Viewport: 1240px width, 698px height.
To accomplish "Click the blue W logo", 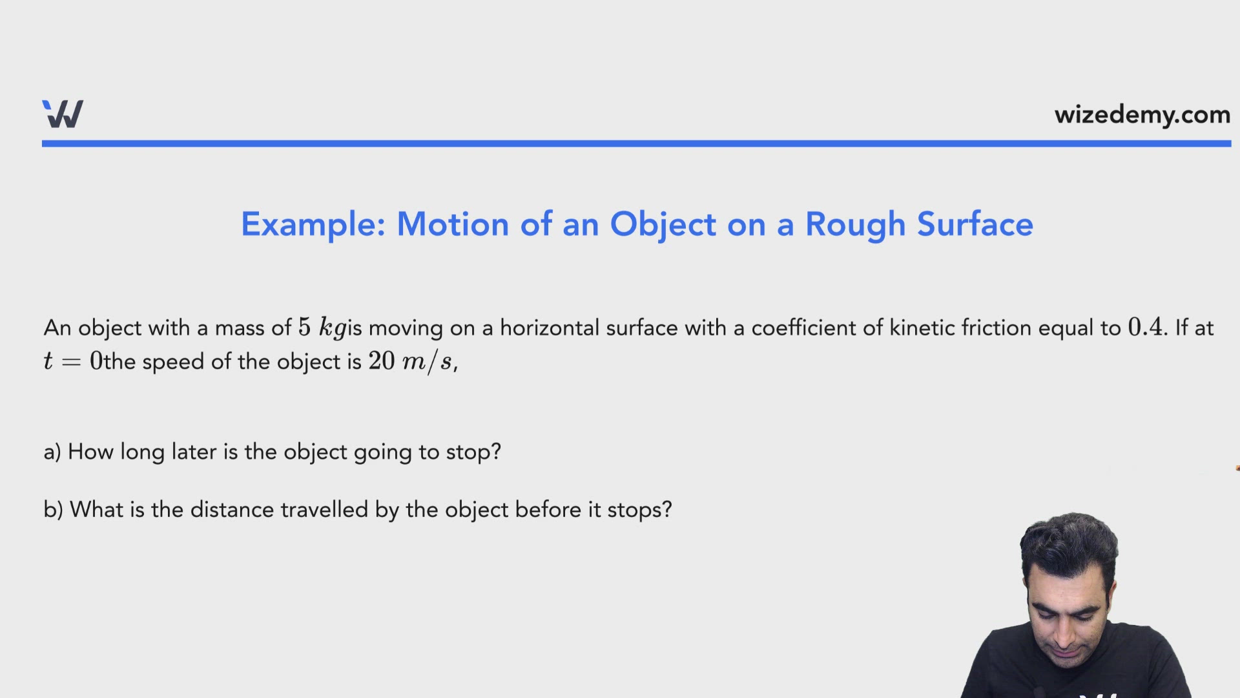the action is [x=63, y=114].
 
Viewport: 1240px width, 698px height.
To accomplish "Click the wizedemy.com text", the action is [x=1142, y=115].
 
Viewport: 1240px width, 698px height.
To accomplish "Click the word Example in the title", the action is [x=313, y=225].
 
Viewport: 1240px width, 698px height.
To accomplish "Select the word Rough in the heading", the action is [x=856, y=225].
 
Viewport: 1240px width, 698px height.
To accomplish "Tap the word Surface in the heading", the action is [x=975, y=224].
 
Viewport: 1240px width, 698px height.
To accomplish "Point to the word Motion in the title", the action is [x=453, y=224].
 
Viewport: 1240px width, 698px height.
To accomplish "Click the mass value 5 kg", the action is [x=322, y=328].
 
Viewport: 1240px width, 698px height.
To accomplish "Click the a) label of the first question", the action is [x=52, y=452].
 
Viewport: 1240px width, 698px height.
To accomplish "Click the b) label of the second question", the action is [x=53, y=509].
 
